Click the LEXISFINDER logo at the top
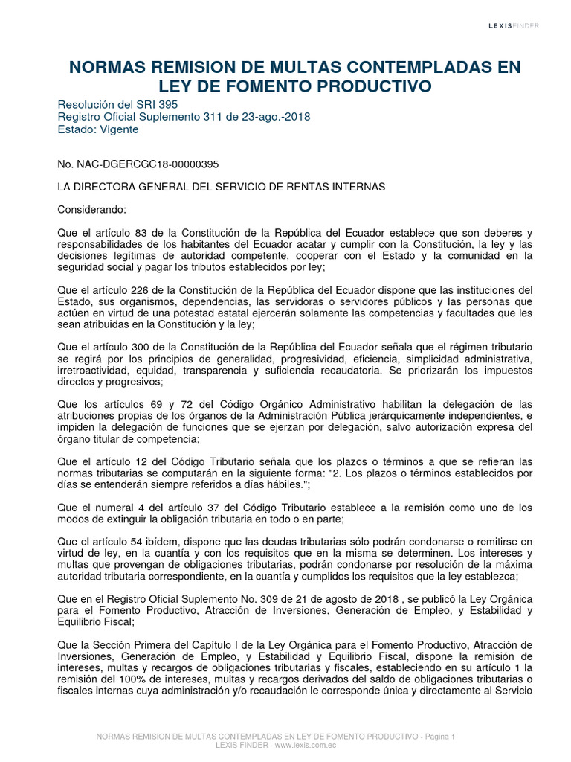coord(513,25)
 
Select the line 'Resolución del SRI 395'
coord(117,104)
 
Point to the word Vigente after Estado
coord(117,129)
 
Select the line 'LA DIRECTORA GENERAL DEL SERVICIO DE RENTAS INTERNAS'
coord(221,187)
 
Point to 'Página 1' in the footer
coord(438,736)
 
